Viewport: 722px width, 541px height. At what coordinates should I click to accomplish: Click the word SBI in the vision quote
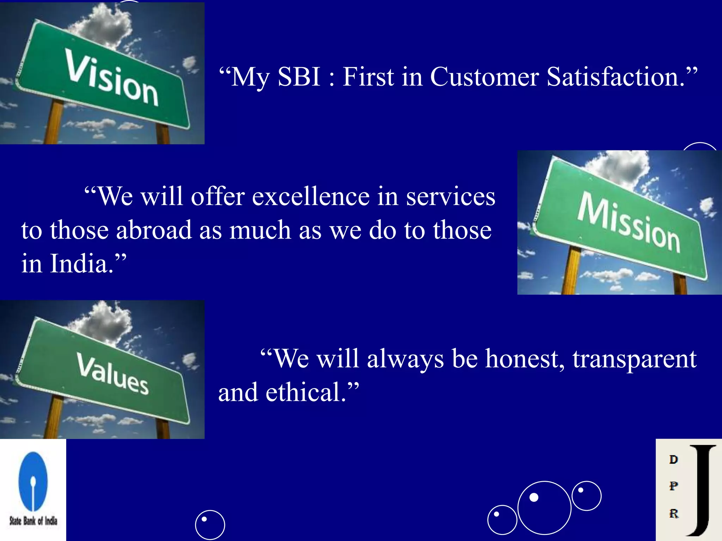click(299, 77)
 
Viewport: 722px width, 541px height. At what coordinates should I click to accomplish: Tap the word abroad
click(154, 230)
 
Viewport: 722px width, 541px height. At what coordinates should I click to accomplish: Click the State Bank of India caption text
click(33, 521)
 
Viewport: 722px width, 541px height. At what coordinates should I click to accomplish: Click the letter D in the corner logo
click(673, 460)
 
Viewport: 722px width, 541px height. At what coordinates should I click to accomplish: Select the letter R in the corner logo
click(674, 514)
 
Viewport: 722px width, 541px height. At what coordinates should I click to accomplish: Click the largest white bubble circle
click(544, 508)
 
